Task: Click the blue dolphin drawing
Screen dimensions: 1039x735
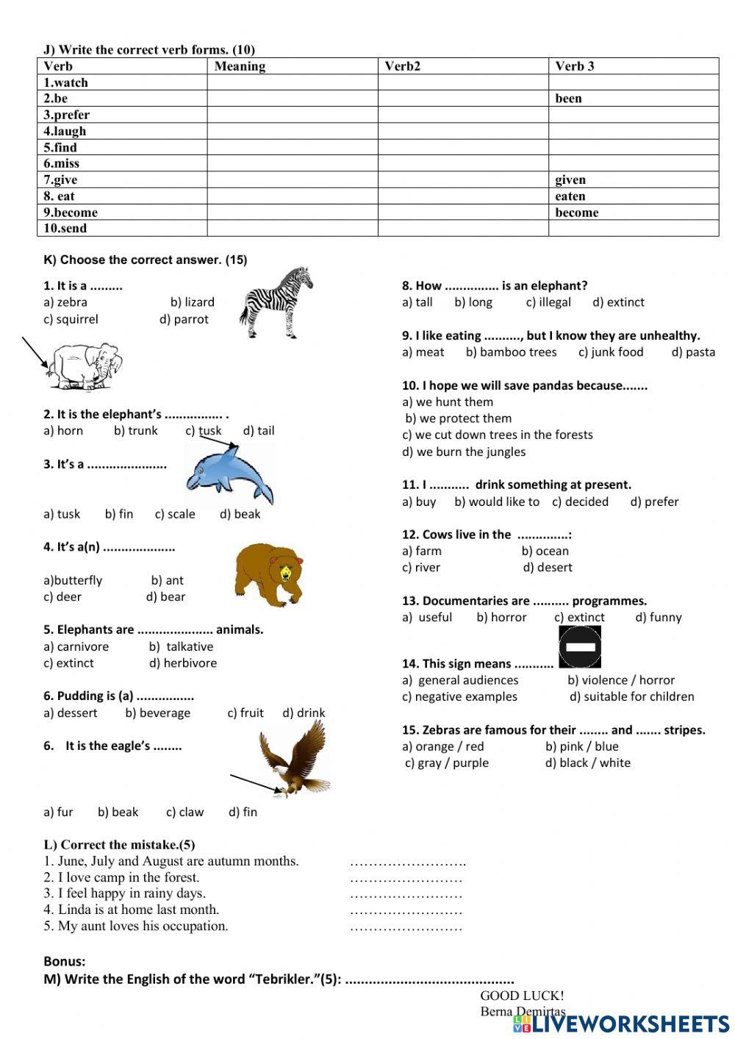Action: [x=229, y=476]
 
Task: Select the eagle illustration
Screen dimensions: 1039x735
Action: [x=295, y=758]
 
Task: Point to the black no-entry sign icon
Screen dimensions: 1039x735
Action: [x=580, y=646]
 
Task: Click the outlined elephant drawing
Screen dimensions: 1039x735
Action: [x=83, y=365]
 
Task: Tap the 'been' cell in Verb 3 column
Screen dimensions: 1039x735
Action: [x=568, y=99]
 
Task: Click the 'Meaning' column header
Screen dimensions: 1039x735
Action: [x=240, y=66]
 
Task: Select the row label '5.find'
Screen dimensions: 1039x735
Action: [x=60, y=147]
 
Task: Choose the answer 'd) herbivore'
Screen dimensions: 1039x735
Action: [x=183, y=663]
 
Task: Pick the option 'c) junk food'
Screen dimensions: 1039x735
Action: [x=610, y=352]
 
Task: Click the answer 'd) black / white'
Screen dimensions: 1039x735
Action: [x=587, y=763]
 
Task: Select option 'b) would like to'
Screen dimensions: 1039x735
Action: [x=496, y=501]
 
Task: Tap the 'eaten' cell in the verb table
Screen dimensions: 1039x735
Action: [x=570, y=196]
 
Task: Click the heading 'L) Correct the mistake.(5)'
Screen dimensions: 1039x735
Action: [x=119, y=845]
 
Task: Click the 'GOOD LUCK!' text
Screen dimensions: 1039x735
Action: [x=522, y=996]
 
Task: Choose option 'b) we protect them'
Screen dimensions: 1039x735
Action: [x=458, y=418]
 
